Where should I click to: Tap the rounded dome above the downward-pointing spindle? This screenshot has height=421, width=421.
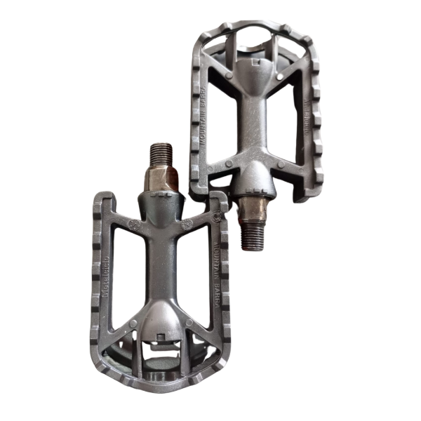[252, 180]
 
